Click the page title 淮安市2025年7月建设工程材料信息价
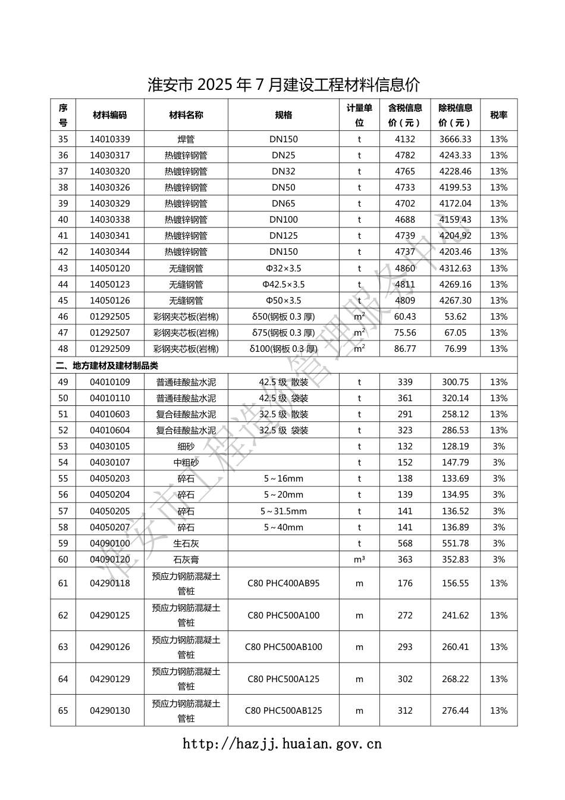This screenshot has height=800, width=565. (x=283, y=85)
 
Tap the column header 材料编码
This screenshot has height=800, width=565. (x=109, y=115)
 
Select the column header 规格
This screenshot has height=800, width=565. (x=283, y=115)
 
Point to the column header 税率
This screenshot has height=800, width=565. (x=498, y=115)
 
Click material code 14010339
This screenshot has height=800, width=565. (x=109, y=139)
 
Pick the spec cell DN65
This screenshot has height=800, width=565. (x=283, y=204)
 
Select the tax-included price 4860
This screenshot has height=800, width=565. (x=405, y=268)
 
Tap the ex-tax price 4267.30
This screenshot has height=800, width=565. (x=455, y=301)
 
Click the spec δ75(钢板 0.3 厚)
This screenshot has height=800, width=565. (x=283, y=333)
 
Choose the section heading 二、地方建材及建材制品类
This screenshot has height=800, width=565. (x=107, y=365)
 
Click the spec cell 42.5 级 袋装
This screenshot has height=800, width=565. (x=283, y=398)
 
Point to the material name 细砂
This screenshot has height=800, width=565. (x=186, y=446)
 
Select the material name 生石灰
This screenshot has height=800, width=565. (x=186, y=543)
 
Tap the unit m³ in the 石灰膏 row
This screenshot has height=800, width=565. (x=359, y=560)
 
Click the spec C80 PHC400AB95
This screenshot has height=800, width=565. (x=283, y=583)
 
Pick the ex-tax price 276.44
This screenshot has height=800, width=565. (x=455, y=711)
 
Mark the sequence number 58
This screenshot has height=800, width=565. (x=63, y=527)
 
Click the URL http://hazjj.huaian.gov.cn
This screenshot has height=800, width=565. (x=282, y=743)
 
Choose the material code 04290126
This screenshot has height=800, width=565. (x=109, y=647)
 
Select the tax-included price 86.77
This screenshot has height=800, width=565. (x=405, y=349)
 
